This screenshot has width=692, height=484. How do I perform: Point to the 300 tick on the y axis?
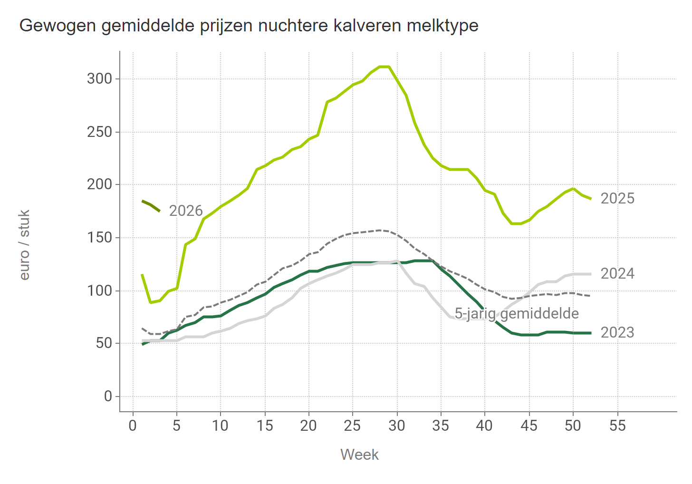(x=99, y=79)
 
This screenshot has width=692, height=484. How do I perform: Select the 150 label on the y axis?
(x=99, y=238)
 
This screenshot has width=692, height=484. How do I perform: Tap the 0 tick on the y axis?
(x=108, y=397)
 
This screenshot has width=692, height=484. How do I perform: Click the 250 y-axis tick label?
(x=99, y=132)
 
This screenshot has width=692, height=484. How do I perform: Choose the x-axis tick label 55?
(x=617, y=426)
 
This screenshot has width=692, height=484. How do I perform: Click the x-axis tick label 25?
(x=353, y=426)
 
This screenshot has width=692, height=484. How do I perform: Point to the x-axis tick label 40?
(x=485, y=426)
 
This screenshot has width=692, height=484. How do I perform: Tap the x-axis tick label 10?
(x=221, y=426)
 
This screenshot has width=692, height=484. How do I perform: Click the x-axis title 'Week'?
(x=359, y=455)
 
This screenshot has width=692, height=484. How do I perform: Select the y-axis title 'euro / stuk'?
(x=25, y=245)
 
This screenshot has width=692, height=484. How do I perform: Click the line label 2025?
(x=617, y=199)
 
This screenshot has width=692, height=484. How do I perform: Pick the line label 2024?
(x=617, y=274)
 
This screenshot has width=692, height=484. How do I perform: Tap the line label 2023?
(x=617, y=333)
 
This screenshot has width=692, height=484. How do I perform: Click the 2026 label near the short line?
(x=186, y=211)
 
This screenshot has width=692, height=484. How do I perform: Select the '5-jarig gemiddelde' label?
(x=517, y=314)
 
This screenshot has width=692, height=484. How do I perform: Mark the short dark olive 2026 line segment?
(x=151, y=205)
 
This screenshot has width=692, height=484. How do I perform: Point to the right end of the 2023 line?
(x=590, y=333)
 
